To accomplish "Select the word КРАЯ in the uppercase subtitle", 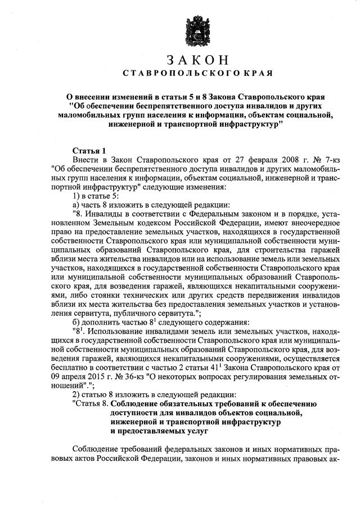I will [x=259, y=74].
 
